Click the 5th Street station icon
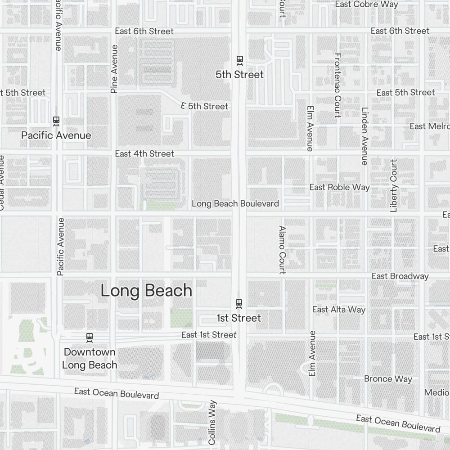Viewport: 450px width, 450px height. (240, 60)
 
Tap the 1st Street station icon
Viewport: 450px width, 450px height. (239, 304)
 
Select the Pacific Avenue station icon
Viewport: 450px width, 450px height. (56, 121)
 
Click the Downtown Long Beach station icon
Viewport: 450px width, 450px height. (90, 337)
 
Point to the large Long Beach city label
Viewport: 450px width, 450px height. (146, 291)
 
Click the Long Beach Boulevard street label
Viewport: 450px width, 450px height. (235, 203)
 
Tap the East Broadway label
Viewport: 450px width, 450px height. (400, 276)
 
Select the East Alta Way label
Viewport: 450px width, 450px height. (339, 310)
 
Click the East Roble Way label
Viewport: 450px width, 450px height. (339, 187)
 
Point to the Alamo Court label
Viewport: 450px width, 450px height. (282, 250)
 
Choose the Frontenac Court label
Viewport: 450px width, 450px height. (337, 85)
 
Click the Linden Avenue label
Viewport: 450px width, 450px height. (364, 136)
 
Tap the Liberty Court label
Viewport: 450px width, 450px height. (394, 185)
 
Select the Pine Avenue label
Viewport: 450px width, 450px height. (114, 69)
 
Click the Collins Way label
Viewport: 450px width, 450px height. (212, 423)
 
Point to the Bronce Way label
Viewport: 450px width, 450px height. (388, 379)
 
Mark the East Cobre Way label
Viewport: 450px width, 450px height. (367, 4)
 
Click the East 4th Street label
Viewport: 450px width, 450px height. (144, 153)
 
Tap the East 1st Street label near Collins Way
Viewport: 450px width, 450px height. (209, 335)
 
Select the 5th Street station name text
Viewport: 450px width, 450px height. (239, 74)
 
